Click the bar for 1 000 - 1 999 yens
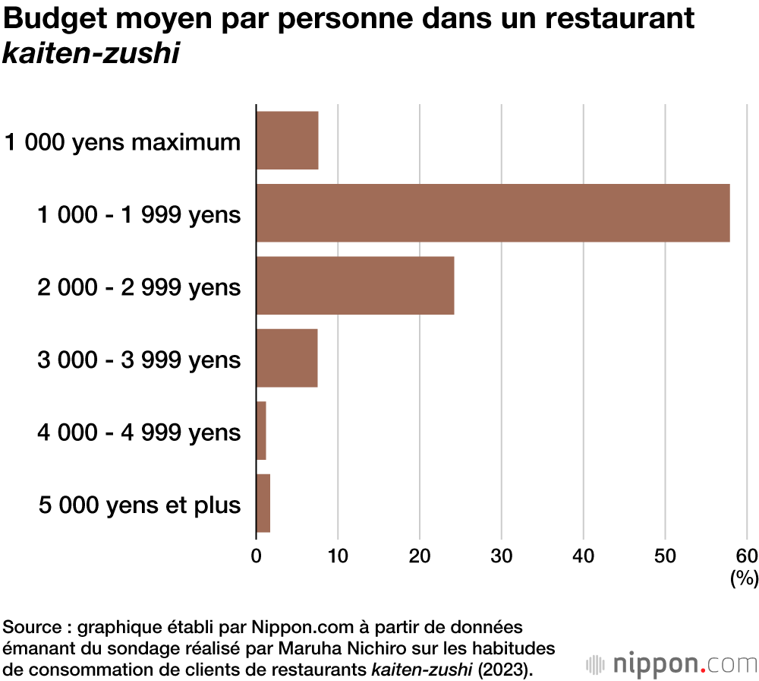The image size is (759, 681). (x=493, y=213)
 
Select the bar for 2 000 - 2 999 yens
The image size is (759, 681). (x=355, y=286)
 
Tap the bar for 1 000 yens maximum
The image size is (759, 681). (x=287, y=141)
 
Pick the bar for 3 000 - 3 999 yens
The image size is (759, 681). (x=287, y=358)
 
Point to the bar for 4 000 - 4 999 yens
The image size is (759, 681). (x=262, y=430)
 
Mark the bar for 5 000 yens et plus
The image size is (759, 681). (x=263, y=503)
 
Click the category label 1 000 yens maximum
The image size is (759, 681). (x=123, y=142)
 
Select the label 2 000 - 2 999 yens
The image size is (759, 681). (x=139, y=287)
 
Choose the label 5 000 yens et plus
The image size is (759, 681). (x=140, y=505)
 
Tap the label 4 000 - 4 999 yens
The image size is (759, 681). (x=139, y=432)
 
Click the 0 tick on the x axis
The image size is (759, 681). (x=257, y=555)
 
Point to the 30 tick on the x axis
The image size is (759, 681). (x=502, y=555)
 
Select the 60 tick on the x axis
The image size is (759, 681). (x=747, y=555)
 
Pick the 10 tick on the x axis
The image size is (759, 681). (x=338, y=555)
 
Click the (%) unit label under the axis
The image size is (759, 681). (x=744, y=579)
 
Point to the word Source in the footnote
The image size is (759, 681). (x=32, y=628)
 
